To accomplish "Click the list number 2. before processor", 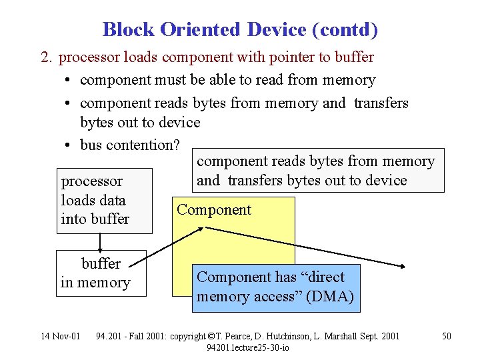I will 46,57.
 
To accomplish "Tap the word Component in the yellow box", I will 214,210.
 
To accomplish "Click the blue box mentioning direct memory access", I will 275,287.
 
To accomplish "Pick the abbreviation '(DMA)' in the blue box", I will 331,297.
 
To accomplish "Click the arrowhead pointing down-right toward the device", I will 401,265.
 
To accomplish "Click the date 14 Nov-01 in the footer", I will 60,336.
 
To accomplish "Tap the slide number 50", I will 447,336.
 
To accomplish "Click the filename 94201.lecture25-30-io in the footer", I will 247,347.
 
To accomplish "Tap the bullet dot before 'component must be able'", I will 69,81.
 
